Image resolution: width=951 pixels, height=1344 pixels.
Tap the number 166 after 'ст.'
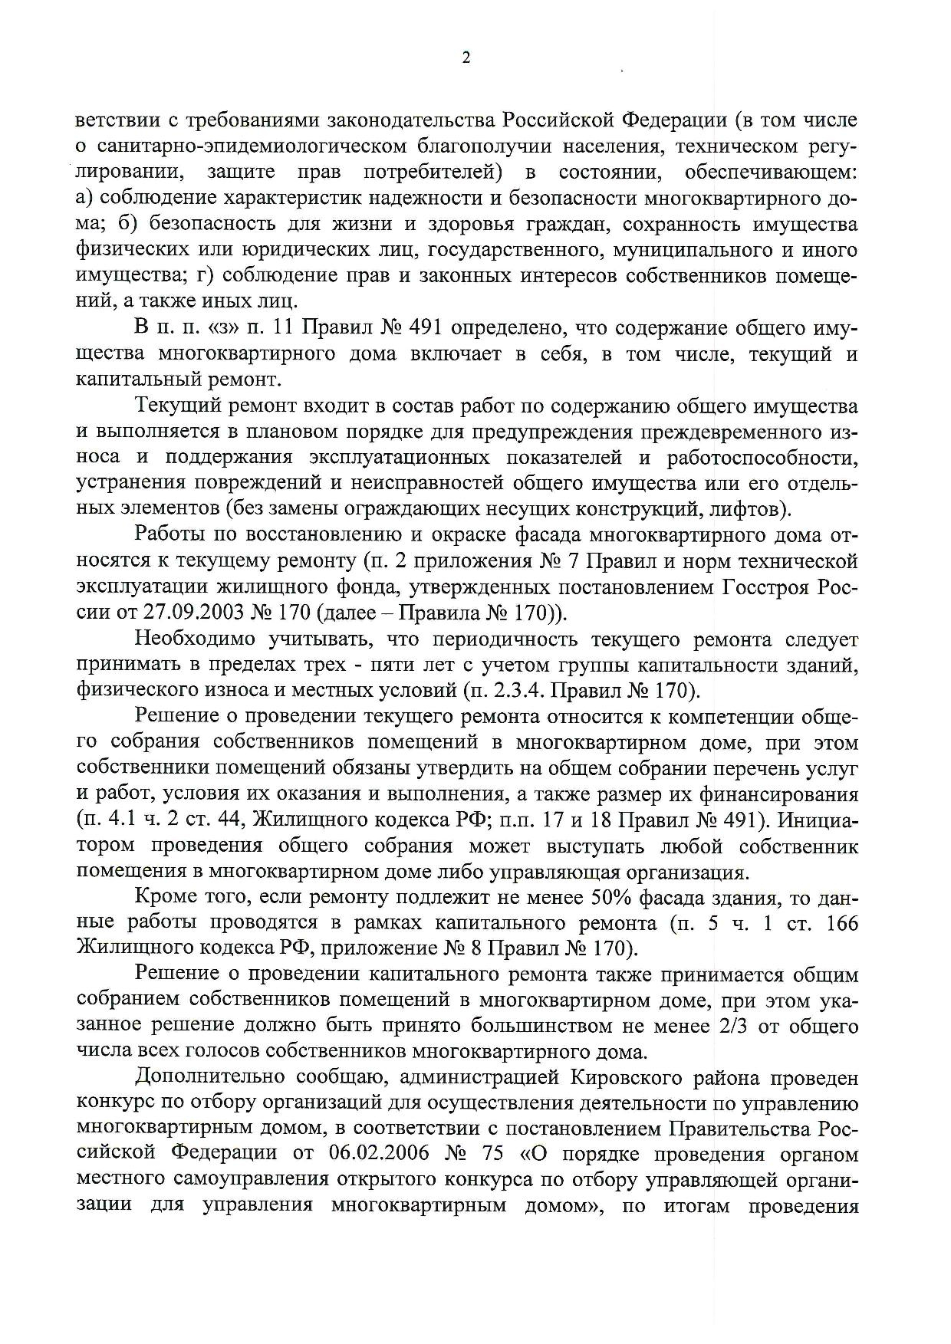840,923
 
